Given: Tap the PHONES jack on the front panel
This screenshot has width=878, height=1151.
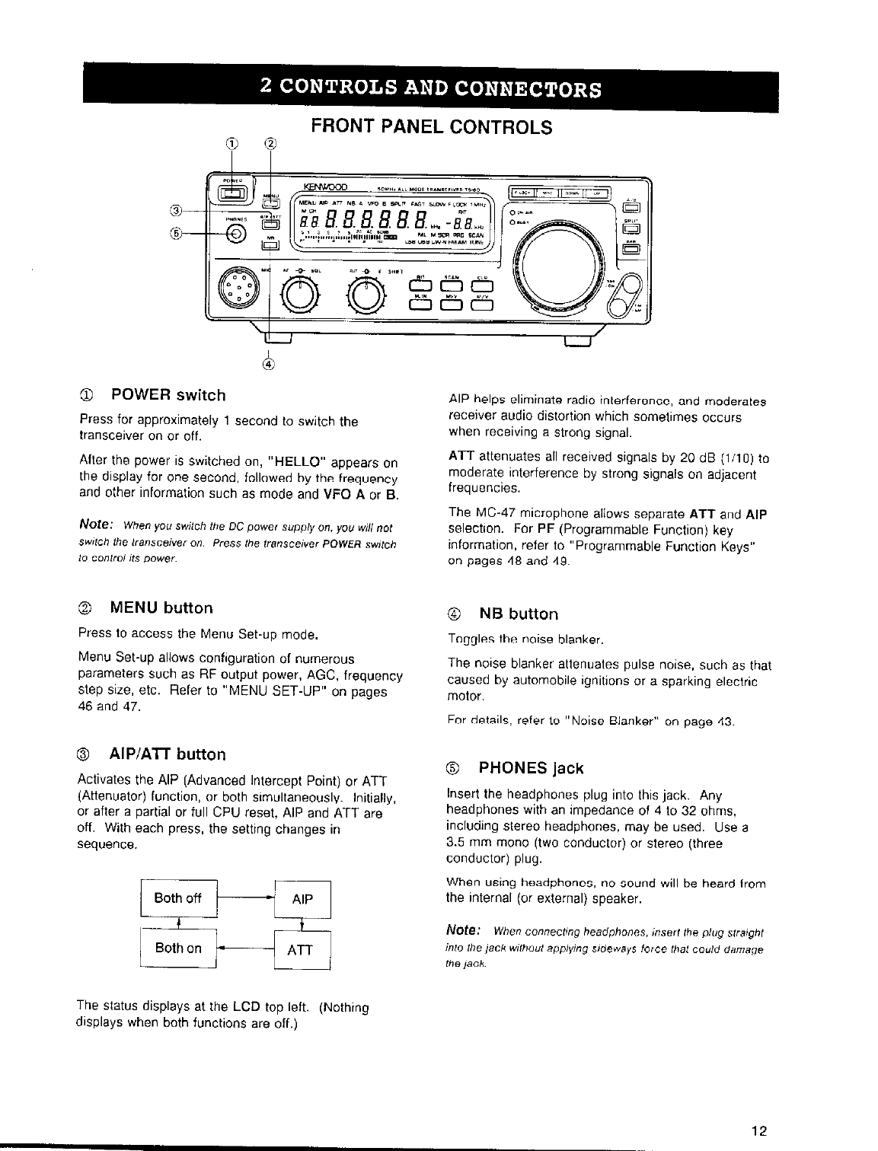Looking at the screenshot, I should point(235,233).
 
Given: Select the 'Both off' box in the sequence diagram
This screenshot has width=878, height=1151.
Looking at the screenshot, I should point(178,898).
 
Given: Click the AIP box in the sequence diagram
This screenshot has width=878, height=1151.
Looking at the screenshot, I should point(302,899).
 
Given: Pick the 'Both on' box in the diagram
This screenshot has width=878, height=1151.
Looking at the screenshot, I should point(178,949).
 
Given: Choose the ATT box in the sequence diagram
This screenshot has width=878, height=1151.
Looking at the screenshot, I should point(302,950).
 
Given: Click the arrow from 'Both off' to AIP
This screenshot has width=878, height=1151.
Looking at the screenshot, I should point(245,898).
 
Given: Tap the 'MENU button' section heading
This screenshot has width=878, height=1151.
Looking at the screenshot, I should point(161,607).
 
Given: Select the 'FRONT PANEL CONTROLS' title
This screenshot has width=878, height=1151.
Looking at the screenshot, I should point(430,126).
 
